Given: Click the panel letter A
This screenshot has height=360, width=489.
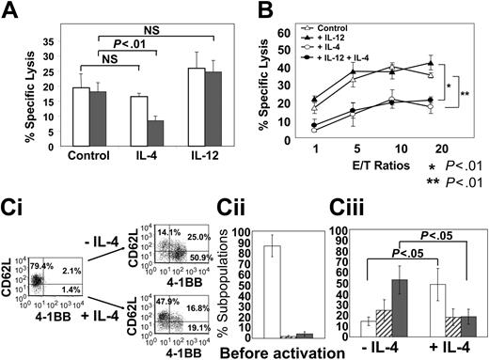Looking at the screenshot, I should (13, 12).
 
